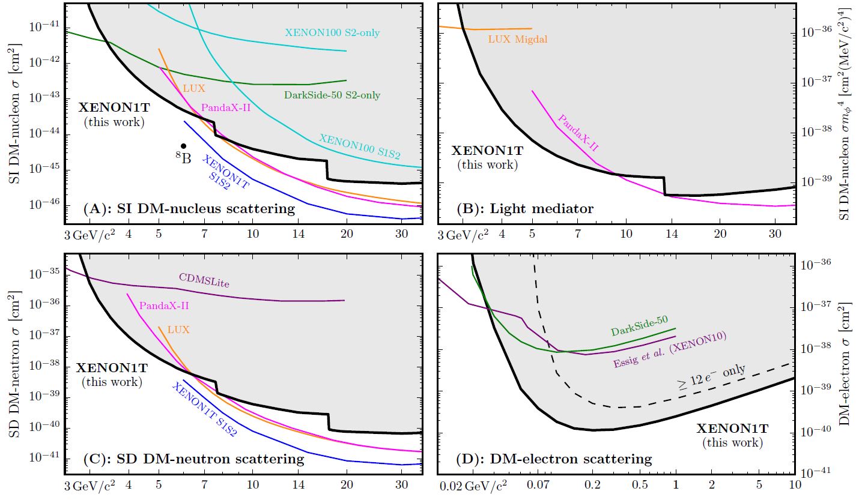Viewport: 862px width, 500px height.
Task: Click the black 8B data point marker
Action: coord(183,146)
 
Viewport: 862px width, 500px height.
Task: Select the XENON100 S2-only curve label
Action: coord(332,32)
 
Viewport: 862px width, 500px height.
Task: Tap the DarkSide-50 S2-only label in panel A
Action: coord(332,95)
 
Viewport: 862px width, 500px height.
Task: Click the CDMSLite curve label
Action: coord(204,280)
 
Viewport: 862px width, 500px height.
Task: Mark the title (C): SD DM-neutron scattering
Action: coord(193,459)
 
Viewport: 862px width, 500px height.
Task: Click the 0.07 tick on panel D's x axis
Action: coord(535,484)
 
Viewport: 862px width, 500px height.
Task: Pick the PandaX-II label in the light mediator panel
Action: coord(578,132)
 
